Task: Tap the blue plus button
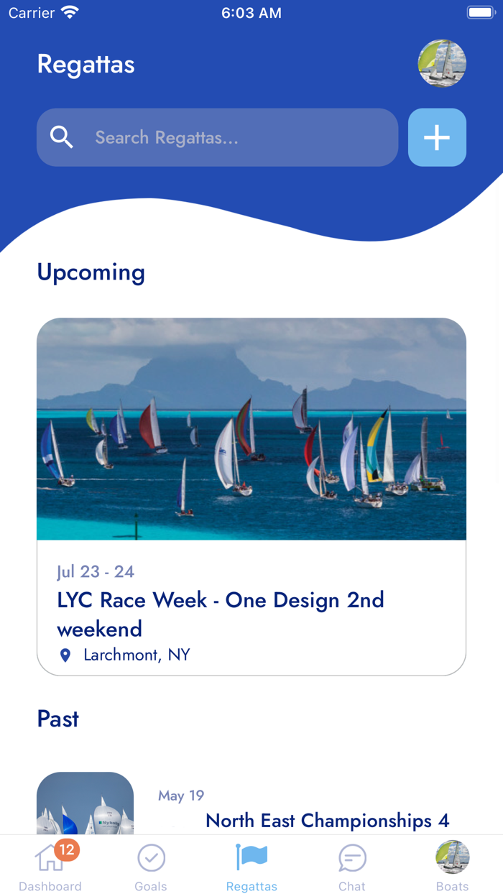[x=437, y=137]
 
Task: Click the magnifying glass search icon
[x=62, y=137]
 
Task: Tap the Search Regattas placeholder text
[x=167, y=138]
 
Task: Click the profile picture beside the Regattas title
[x=442, y=63]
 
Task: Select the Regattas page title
[x=86, y=64]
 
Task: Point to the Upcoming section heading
[x=91, y=273]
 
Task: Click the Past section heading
[x=58, y=719]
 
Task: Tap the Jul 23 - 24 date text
[x=96, y=572]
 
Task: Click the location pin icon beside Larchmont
[x=65, y=655]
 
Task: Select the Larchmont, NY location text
[x=137, y=655]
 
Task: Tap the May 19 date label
[x=181, y=796]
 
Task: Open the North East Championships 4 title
[x=328, y=821]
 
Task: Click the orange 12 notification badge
[x=67, y=849]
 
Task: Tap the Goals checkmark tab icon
[x=152, y=857]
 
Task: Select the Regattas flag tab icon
[x=251, y=857]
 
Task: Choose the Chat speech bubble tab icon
[x=352, y=858]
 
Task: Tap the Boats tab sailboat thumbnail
[x=452, y=857]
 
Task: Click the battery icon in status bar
[x=481, y=12]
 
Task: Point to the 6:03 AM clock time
[x=251, y=13]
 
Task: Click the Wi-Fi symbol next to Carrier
[x=70, y=12]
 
